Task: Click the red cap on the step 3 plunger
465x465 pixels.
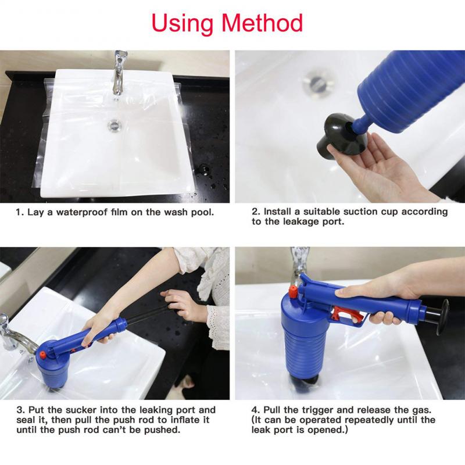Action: pos(42,354)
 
